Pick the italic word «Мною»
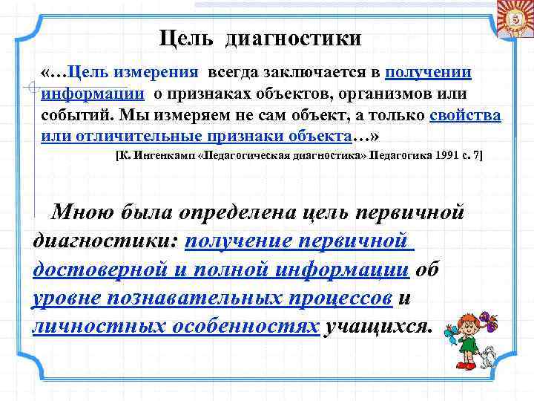click(x=82, y=212)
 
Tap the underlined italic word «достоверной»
click(x=89, y=270)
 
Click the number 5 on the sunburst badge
click(x=513, y=19)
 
